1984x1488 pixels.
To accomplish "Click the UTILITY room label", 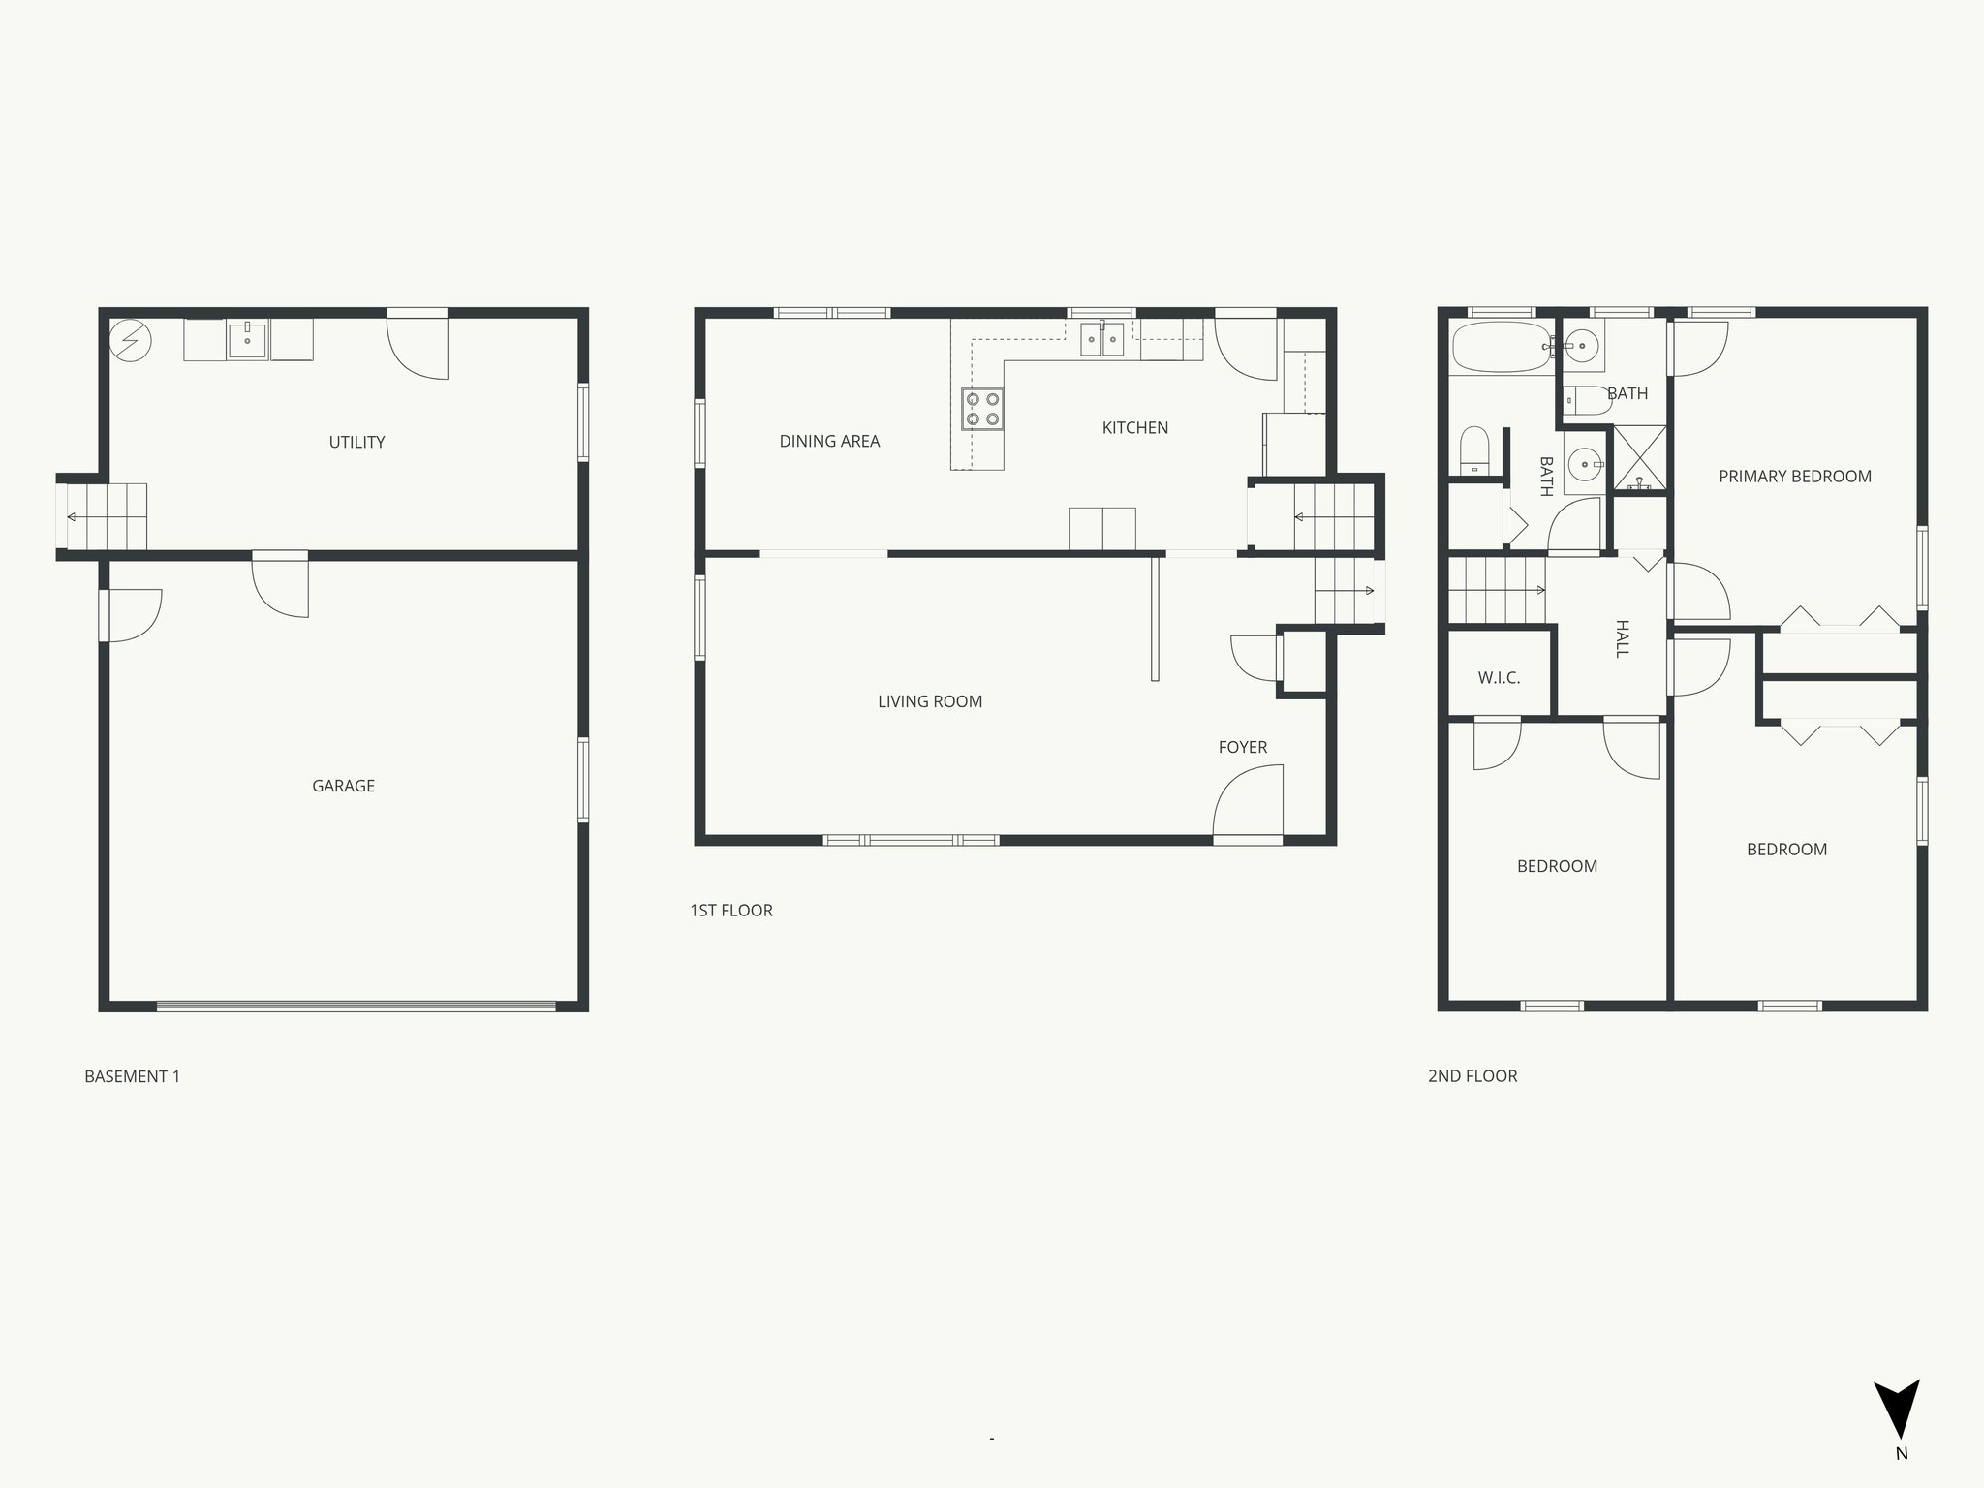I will click(356, 442).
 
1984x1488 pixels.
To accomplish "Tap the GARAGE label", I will click(343, 786).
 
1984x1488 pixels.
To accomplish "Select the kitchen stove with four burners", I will click(981, 409).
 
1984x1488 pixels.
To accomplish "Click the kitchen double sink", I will click(1102, 339).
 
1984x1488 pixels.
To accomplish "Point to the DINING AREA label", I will click(829, 441).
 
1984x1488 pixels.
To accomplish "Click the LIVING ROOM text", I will click(930, 701).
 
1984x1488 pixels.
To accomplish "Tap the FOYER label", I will click(1242, 747).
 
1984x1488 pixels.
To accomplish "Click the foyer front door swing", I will click(1250, 800).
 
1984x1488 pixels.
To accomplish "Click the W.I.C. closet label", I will click(1499, 678).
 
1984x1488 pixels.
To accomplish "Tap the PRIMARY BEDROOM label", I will click(1794, 476).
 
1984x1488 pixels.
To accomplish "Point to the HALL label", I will click(1622, 638).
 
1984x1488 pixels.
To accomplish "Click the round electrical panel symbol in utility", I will click(130, 340).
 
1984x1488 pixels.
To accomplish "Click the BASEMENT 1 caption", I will click(132, 1076).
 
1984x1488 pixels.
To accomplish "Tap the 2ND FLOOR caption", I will click(1472, 1076).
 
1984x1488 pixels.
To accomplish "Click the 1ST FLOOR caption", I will click(730, 911).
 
